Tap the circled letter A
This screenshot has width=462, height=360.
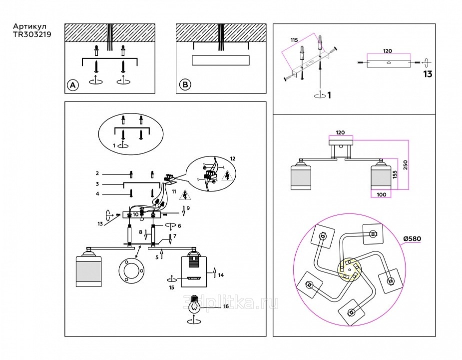[x=73, y=85]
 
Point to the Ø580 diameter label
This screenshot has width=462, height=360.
[x=412, y=238]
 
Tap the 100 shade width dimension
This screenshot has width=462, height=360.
[x=382, y=194]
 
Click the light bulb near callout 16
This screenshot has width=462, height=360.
[x=194, y=303]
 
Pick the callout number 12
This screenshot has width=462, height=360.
[x=232, y=158]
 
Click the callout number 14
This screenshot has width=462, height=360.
[x=221, y=275]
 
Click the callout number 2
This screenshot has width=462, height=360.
[x=97, y=173]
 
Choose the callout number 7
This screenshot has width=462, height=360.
[x=175, y=235]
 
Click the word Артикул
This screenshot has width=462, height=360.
[x=30, y=26]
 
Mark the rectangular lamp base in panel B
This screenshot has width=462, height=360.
[x=220, y=61]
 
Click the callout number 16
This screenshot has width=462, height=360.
[x=226, y=306]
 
